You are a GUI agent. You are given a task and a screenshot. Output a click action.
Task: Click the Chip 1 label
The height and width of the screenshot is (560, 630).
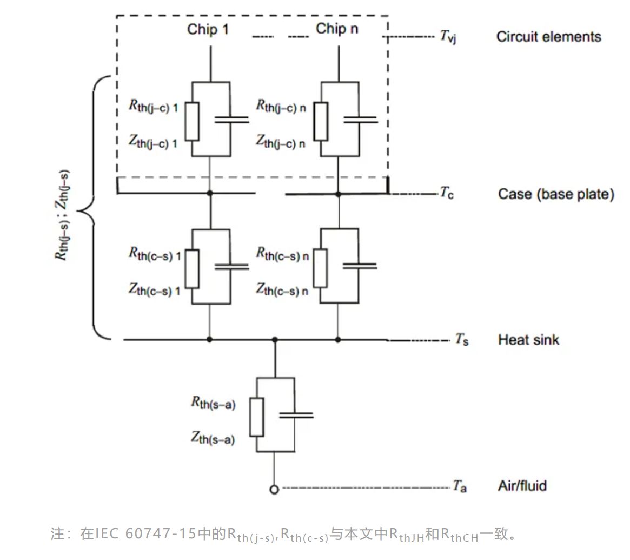pos(208,29)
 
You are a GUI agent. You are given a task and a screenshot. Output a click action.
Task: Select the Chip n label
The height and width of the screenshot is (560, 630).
pos(337,29)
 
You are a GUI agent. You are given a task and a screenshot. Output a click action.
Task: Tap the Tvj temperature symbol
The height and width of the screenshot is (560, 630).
pos(447,37)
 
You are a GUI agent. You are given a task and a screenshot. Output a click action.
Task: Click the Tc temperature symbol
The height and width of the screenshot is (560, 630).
pos(447,193)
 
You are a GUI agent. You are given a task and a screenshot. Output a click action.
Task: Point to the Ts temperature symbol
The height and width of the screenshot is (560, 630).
pos(461,340)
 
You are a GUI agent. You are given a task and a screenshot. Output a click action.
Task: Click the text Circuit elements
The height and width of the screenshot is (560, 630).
pos(548,37)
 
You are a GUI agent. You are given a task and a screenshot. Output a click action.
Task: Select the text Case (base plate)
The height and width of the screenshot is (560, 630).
pos(555,194)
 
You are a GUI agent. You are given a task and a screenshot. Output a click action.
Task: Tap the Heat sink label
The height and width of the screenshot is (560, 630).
pos(528,340)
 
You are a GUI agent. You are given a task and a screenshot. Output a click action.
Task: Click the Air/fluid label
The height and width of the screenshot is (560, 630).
pos(522,485)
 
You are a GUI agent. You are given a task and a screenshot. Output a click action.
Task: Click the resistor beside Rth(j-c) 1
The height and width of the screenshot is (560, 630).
pos(192,120)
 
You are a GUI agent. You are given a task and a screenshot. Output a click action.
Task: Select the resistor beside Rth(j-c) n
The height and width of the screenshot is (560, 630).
pos(321,120)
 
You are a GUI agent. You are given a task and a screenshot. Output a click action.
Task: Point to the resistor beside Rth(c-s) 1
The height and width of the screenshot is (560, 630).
pos(192,268)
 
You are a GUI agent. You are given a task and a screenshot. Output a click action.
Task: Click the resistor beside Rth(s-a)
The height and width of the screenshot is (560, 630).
pos(256,417)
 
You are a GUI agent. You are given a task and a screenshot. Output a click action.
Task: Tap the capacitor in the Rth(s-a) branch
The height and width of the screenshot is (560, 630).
pos(295,415)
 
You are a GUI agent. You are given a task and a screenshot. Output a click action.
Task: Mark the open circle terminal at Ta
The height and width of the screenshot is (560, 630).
pos(274,489)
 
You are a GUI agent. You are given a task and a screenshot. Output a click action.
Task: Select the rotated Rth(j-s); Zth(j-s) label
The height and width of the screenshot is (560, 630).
pos(64,215)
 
